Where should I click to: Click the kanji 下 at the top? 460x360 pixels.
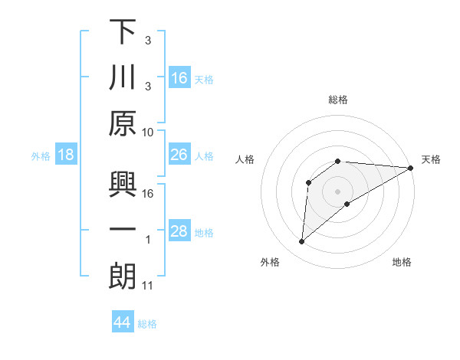click(x=123, y=33)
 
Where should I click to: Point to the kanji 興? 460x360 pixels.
click(x=123, y=185)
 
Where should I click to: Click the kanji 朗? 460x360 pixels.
click(x=123, y=277)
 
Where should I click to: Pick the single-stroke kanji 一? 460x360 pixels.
click(x=123, y=230)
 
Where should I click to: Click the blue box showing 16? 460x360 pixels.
click(x=179, y=78)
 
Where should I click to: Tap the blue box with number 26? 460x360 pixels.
click(x=179, y=155)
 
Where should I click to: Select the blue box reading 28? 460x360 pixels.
click(x=179, y=231)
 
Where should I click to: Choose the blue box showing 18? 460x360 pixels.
click(x=66, y=155)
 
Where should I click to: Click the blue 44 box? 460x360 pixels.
click(x=122, y=322)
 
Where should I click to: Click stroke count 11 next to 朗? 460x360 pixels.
click(x=148, y=286)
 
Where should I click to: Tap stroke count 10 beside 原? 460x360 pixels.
click(x=148, y=132)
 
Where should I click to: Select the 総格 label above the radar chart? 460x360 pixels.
click(x=338, y=100)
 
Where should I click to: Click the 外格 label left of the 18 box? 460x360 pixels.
click(x=41, y=155)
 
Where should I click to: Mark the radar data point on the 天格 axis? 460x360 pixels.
click(x=412, y=168)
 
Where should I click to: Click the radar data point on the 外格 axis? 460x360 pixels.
click(x=301, y=242)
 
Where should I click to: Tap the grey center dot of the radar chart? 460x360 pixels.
click(x=338, y=191)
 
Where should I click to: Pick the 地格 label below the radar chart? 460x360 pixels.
click(x=402, y=262)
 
